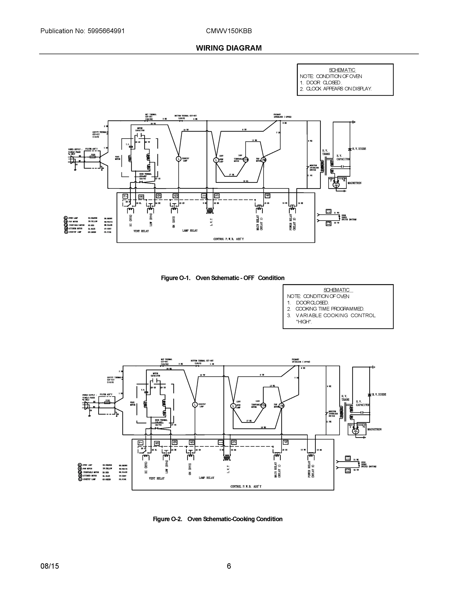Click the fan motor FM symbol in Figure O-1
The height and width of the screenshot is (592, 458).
pos(263,160)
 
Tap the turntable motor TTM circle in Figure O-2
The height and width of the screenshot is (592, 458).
pos(263,406)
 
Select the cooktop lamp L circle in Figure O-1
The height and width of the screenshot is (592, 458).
pos(179,159)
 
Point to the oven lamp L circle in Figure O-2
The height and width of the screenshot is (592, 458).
pos(233,406)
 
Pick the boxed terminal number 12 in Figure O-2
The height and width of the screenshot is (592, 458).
pos(348,471)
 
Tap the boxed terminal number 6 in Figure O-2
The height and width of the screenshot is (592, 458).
pos(192,442)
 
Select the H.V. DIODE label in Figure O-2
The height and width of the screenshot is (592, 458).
pos(379,394)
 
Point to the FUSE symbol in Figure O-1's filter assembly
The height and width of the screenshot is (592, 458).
pos(93,156)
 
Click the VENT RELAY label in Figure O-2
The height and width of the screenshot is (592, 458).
pos(157,479)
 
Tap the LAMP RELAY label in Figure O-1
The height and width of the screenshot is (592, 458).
pos(190,231)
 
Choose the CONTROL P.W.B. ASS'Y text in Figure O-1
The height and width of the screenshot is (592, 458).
pos(228,239)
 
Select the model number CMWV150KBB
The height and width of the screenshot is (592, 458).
pos(229,31)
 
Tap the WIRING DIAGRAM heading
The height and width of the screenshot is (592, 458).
pos(229,48)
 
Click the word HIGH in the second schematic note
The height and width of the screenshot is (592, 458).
pos(304,322)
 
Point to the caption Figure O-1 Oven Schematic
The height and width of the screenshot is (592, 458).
pos(222,278)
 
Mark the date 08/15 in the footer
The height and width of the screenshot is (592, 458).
pos(50,566)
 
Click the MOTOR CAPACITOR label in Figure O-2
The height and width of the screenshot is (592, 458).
pos(155,375)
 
